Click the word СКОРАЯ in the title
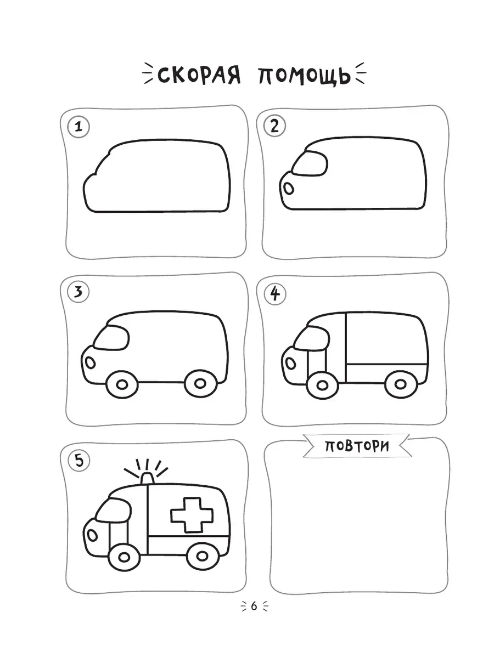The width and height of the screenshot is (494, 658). point(199,76)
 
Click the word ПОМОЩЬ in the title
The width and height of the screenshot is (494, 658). point(305,76)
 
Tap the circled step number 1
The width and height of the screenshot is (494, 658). point(78,127)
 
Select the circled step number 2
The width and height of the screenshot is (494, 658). point(275,126)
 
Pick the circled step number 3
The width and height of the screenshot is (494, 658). point(78,292)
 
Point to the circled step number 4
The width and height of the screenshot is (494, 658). point(275,294)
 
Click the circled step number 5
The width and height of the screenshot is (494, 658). point(79,460)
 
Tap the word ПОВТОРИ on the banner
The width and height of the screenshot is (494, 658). point(357,447)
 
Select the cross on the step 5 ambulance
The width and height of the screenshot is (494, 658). point(192,515)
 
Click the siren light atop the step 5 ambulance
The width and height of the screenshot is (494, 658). point(147,478)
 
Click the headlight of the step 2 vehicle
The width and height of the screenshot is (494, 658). point(289,189)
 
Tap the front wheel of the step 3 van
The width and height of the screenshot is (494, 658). point(122,384)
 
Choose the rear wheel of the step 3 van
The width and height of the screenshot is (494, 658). point(200,384)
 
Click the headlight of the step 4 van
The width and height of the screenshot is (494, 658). point(290,364)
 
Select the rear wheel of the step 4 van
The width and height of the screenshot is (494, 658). point(401,384)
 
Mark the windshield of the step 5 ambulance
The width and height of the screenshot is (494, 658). point(114,510)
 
